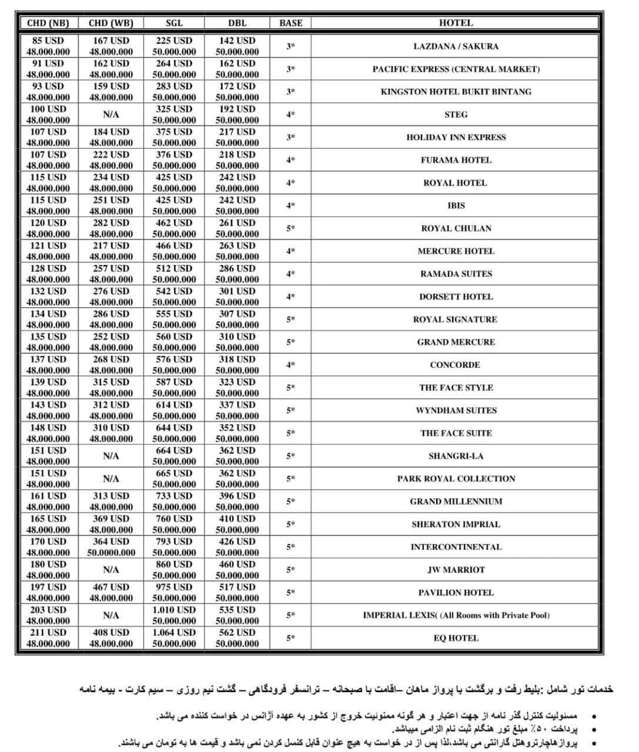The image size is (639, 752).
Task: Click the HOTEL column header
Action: coord(456,23)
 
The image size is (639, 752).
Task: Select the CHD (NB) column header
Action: coord(48,23)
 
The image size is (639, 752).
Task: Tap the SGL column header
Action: coord(174,23)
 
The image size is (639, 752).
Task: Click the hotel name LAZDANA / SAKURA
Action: coord(456,46)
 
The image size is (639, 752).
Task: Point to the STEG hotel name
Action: coord(456,115)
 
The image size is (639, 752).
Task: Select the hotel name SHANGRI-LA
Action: coord(456,456)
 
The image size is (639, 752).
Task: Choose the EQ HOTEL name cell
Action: coord(456,638)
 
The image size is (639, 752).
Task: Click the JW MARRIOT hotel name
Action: coord(456,570)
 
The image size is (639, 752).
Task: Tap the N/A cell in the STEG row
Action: coord(111,115)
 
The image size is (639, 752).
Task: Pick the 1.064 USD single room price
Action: coord(174,633)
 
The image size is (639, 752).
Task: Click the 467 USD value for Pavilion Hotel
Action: coord(111,587)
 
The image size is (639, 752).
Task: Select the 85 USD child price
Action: coord(48,41)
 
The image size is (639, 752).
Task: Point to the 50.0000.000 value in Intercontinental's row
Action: coord(111,553)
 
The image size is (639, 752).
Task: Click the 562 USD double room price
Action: coord(237,633)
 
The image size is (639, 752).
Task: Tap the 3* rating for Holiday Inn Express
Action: coord(290,137)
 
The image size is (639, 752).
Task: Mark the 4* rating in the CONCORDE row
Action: coord(290,365)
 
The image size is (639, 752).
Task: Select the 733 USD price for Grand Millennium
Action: coord(174,496)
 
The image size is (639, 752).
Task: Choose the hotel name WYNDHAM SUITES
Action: coord(456,410)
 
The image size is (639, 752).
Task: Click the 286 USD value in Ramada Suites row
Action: coord(237,268)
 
